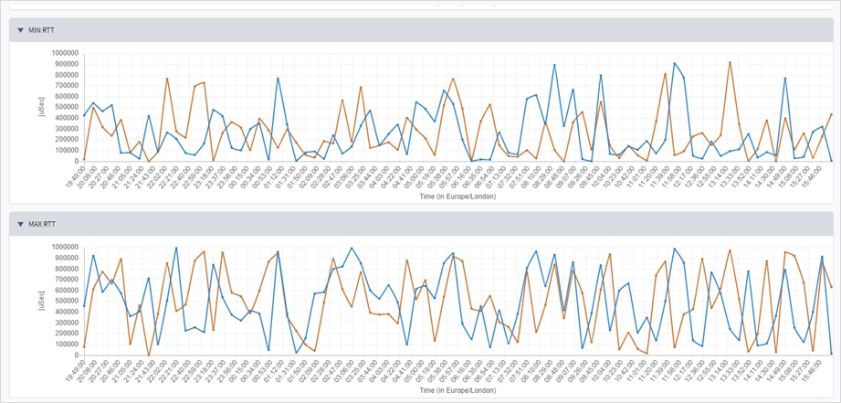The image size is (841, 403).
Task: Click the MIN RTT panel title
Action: pyautogui.click(x=42, y=30)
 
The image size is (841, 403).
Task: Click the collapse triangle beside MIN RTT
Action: pyautogui.click(x=21, y=30)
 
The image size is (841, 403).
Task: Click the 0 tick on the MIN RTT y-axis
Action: pyautogui.click(x=77, y=162)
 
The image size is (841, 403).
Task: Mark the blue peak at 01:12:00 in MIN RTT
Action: pyautogui.click(x=278, y=78)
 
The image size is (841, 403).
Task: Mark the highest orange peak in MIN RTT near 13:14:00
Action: pyautogui.click(x=730, y=62)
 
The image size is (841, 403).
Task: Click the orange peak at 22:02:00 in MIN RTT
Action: pyautogui.click(x=167, y=79)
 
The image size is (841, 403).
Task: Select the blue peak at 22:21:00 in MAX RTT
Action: pyautogui.click(x=176, y=248)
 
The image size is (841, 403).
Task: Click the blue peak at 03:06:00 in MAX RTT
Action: pyautogui.click(x=352, y=248)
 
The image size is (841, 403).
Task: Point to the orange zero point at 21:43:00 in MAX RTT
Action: pyautogui.click(x=149, y=355)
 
